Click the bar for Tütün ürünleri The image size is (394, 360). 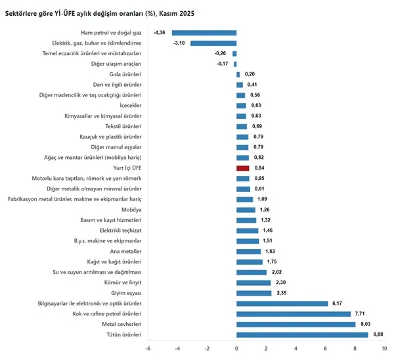point(302,334)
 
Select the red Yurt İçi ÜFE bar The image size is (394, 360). point(243,168)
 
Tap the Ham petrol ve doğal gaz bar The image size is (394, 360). point(204,32)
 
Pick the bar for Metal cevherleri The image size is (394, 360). point(295,324)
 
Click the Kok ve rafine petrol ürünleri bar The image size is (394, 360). point(294,313)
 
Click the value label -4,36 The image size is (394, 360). point(160,32)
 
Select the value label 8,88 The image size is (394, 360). point(378,334)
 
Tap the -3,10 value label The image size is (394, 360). point(179,43)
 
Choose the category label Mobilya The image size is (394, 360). point(131,210)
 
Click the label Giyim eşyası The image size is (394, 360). point(125,292)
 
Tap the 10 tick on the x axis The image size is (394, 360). point(384,348)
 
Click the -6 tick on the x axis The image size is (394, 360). point(148,348)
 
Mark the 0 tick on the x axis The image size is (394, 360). point(236,348)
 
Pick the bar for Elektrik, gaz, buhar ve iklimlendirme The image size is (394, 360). point(213,43)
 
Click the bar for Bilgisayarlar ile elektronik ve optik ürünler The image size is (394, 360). point(282,303)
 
